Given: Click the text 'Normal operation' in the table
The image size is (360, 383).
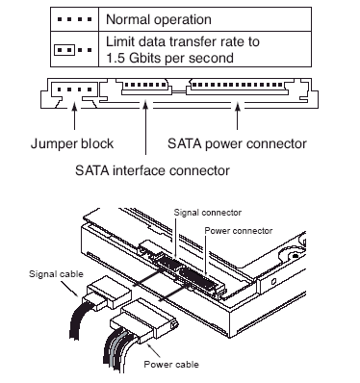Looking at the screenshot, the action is [x=159, y=19].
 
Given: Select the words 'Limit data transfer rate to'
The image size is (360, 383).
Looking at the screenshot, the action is [x=183, y=41].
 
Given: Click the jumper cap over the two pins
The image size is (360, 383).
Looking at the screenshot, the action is [x=64, y=50].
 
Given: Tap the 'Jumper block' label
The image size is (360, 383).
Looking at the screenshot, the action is [x=72, y=143].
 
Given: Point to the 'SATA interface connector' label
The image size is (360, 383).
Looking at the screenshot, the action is [x=152, y=170].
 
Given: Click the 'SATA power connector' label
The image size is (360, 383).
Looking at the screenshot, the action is [x=237, y=143].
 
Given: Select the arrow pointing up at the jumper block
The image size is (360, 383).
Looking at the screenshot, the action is [x=74, y=116].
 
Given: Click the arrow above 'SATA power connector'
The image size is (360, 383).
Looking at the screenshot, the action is [x=238, y=116].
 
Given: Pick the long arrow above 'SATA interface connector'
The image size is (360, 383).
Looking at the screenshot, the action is [x=145, y=128].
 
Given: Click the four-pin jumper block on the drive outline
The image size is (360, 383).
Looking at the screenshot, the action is [x=74, y=89].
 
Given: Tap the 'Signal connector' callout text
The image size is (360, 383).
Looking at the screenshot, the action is [x=208, y=213].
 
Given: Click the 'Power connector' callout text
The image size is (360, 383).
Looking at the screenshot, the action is [x=239, y=231].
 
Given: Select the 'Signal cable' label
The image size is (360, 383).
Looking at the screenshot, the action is [x=56, y=274].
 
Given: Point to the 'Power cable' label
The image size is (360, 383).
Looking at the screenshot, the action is [x=171, y=365].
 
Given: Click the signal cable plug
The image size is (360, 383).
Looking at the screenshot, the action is [x=107, y=293].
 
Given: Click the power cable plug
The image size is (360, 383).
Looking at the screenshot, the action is [x=143, y=319].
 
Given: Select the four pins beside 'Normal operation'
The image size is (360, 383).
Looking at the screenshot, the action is [x=74, y=19].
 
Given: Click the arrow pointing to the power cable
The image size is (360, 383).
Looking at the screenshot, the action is [x=154, y=350].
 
